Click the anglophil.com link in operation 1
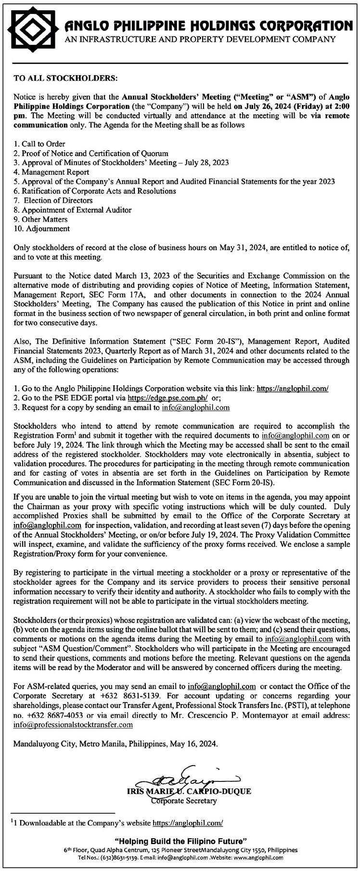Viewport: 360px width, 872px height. tap(293, 388)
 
